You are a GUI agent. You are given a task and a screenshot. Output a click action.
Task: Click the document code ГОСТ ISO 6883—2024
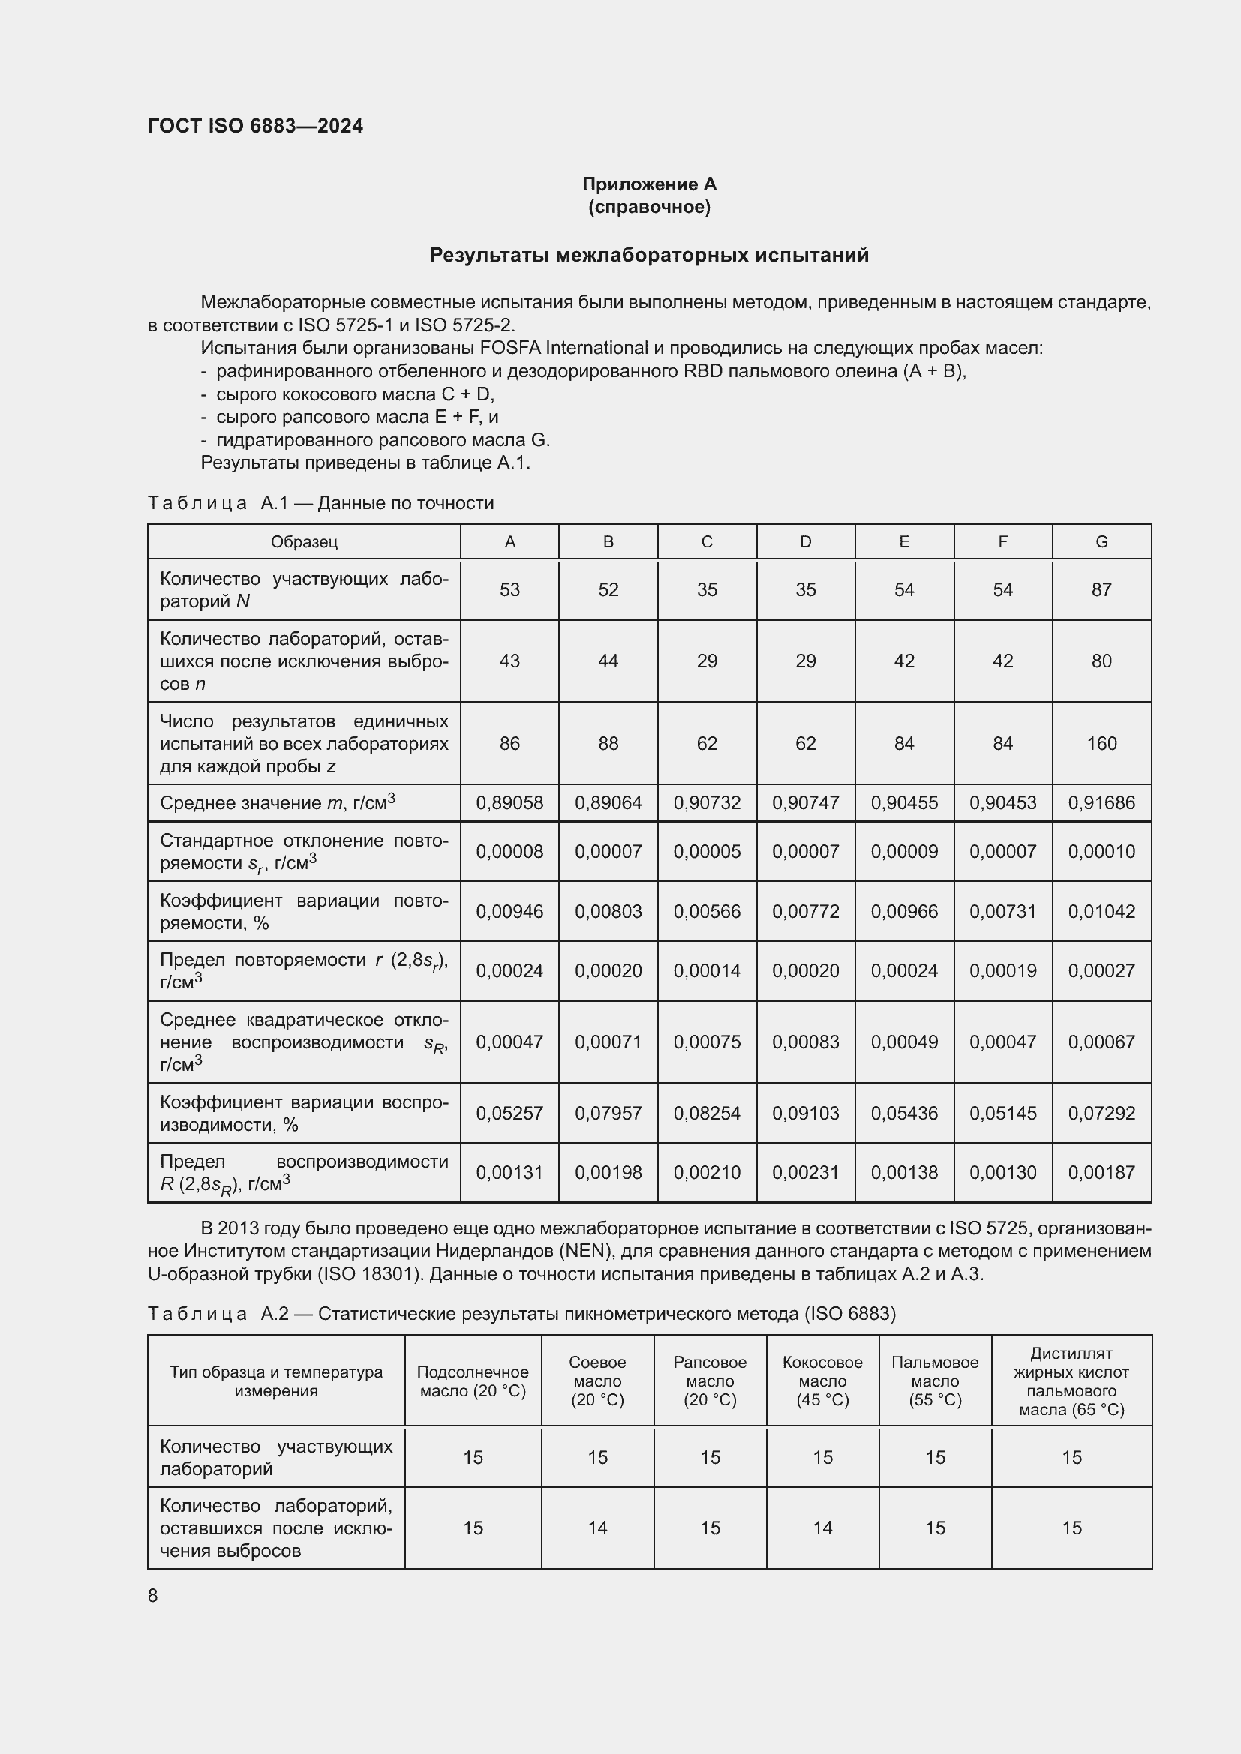coord(255,126)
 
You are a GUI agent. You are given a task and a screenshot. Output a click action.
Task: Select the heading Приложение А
coord(649,184)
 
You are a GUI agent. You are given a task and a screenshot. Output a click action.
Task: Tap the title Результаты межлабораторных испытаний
coord(649,255)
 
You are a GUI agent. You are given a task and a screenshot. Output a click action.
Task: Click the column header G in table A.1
coord(1101,541)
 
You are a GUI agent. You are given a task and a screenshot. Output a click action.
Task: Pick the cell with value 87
coord(1101,589)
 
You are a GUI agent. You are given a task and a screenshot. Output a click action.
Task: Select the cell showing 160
coord(1101,743)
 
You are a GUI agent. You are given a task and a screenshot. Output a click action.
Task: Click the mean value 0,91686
coord(1101,803)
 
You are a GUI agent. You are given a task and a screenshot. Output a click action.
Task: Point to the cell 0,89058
coord(509,803)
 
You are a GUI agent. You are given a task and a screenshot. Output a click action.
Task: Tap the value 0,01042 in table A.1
coord(1101,911)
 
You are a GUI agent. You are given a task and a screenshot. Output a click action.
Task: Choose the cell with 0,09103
coord(805,1113)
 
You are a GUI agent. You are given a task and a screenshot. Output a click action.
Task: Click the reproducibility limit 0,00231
coord(805,1173)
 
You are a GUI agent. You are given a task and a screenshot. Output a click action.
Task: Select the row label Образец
coord(304,541)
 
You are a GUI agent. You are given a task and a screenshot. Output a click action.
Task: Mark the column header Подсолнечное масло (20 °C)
coord(473,1381)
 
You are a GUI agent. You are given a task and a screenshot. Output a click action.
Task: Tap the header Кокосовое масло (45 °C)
coord(822,1381)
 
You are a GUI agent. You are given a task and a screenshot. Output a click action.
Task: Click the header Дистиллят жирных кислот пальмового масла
coord(1071,1381)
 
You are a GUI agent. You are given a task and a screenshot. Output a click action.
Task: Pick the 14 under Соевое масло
coord(597,1528)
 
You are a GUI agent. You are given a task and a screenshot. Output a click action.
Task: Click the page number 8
coord(153,1596)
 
